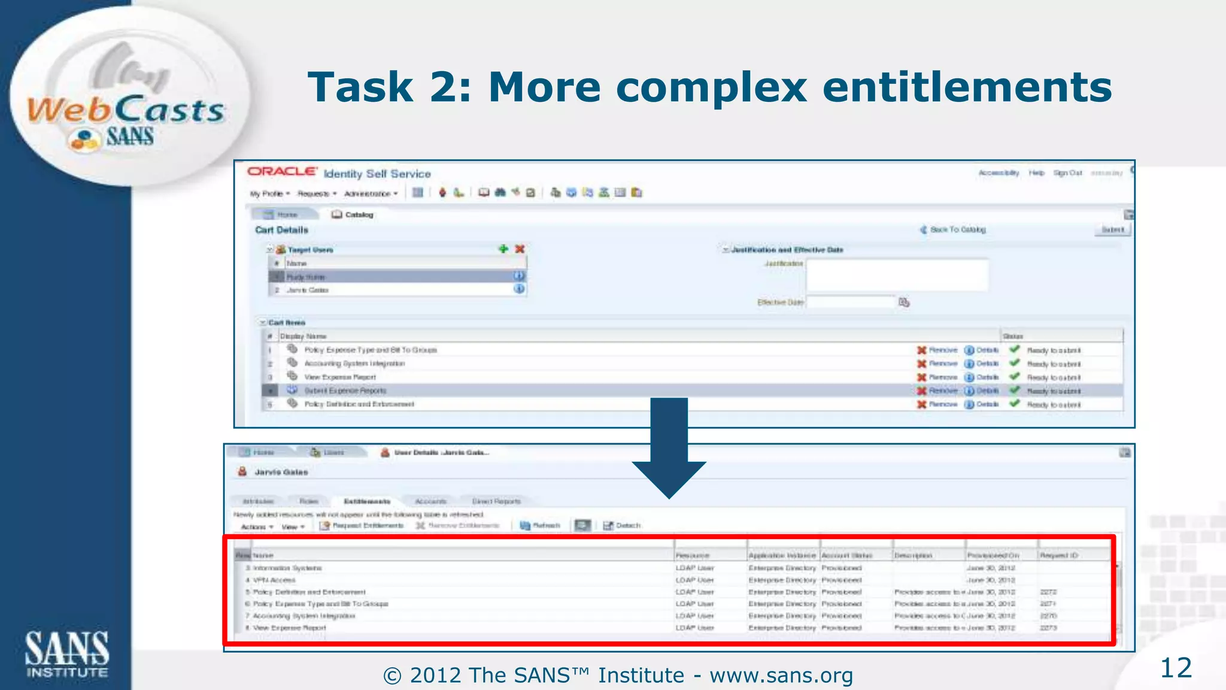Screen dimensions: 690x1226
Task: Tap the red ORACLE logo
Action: point(282,171)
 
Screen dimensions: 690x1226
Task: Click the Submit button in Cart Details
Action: point(1112,230)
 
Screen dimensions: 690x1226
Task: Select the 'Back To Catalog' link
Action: point(957,230)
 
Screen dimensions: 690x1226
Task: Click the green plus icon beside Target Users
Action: point(503,249)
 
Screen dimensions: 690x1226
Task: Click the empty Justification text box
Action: point(896,276)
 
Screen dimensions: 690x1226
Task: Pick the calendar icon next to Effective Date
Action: point(904,302)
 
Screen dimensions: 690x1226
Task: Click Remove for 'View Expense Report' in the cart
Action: point(937,377)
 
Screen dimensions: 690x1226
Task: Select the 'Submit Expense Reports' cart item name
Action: point(345,391)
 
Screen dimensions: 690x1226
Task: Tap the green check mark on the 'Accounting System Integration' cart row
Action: point(1014,363)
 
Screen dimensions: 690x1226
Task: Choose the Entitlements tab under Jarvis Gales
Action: point(367,501)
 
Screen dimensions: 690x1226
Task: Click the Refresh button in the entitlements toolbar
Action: point(540,526)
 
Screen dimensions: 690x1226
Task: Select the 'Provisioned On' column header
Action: point(993,555)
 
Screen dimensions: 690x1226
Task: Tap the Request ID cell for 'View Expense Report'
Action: point(1048,628)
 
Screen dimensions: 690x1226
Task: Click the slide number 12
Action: point(1176,668)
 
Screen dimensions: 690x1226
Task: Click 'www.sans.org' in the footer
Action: point(781,676)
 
